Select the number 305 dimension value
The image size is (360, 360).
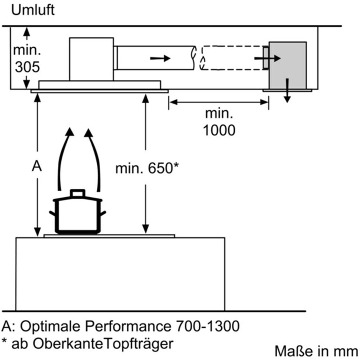pyautogui.click(x=27, y=67)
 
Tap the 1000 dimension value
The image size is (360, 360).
pyautogui.click(x=219, y=130)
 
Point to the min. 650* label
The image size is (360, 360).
pyautogui.click(x=147, y=168)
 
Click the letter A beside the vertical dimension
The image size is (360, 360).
pyautogui.click(x=36, y=167)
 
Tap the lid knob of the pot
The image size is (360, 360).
pyautogui.click(x=78, y=193)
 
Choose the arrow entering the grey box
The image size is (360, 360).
pyautogui.click(x=268, y=58)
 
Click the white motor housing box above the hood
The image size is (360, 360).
pyautogui.click(x=91, y=58)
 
